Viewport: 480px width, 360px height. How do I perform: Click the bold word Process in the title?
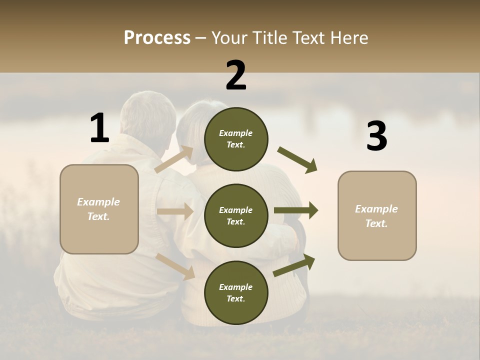click(157, 38)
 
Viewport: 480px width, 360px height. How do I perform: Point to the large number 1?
click(99, 128)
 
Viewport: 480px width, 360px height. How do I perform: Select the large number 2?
click(236, 75)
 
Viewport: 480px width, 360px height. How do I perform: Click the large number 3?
click(376, 136)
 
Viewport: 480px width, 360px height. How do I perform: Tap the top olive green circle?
click(236, 139)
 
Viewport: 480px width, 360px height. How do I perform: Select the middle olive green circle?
click(236, 215)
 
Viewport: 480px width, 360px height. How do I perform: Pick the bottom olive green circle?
click(236, 292)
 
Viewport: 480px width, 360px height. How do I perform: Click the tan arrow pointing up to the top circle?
click(174, 159)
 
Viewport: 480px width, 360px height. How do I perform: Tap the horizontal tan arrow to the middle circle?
click(175, 211)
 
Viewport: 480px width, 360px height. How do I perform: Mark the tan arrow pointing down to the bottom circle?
click(175, 266)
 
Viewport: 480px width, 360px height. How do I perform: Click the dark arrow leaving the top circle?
click(297, 160)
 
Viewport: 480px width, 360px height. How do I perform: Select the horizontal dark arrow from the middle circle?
click(296, 210)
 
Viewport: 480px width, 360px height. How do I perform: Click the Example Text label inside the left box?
click(99, 209)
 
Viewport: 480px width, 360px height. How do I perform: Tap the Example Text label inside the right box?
click(377, 215)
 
